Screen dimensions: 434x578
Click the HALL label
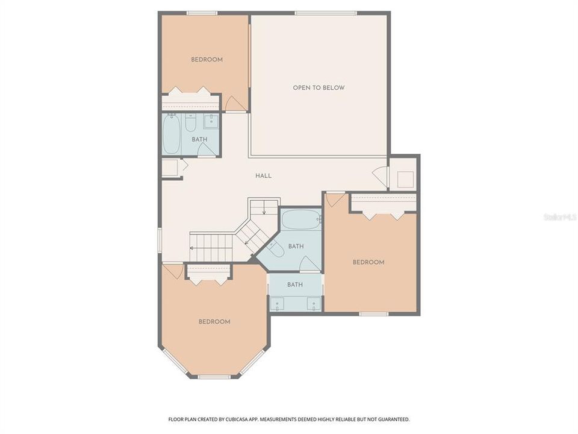263,176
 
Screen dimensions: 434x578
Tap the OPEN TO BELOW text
319,88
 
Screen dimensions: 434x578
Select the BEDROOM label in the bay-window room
214,322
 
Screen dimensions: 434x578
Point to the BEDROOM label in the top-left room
207,60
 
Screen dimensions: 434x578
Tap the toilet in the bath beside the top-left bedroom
190,124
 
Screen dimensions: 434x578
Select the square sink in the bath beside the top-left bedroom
211,122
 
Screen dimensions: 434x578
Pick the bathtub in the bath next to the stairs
300,220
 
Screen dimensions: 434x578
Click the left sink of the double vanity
278,304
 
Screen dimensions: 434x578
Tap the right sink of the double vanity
313,304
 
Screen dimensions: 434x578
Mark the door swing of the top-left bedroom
236,104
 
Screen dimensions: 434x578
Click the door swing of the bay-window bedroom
173,271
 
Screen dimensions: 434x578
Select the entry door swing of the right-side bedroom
335,200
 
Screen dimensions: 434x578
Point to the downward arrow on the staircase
264,210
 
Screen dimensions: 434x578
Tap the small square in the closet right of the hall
405,180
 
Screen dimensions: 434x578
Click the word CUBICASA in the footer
232,419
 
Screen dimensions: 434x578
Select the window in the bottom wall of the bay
214,377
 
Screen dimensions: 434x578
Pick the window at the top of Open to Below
325,13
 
